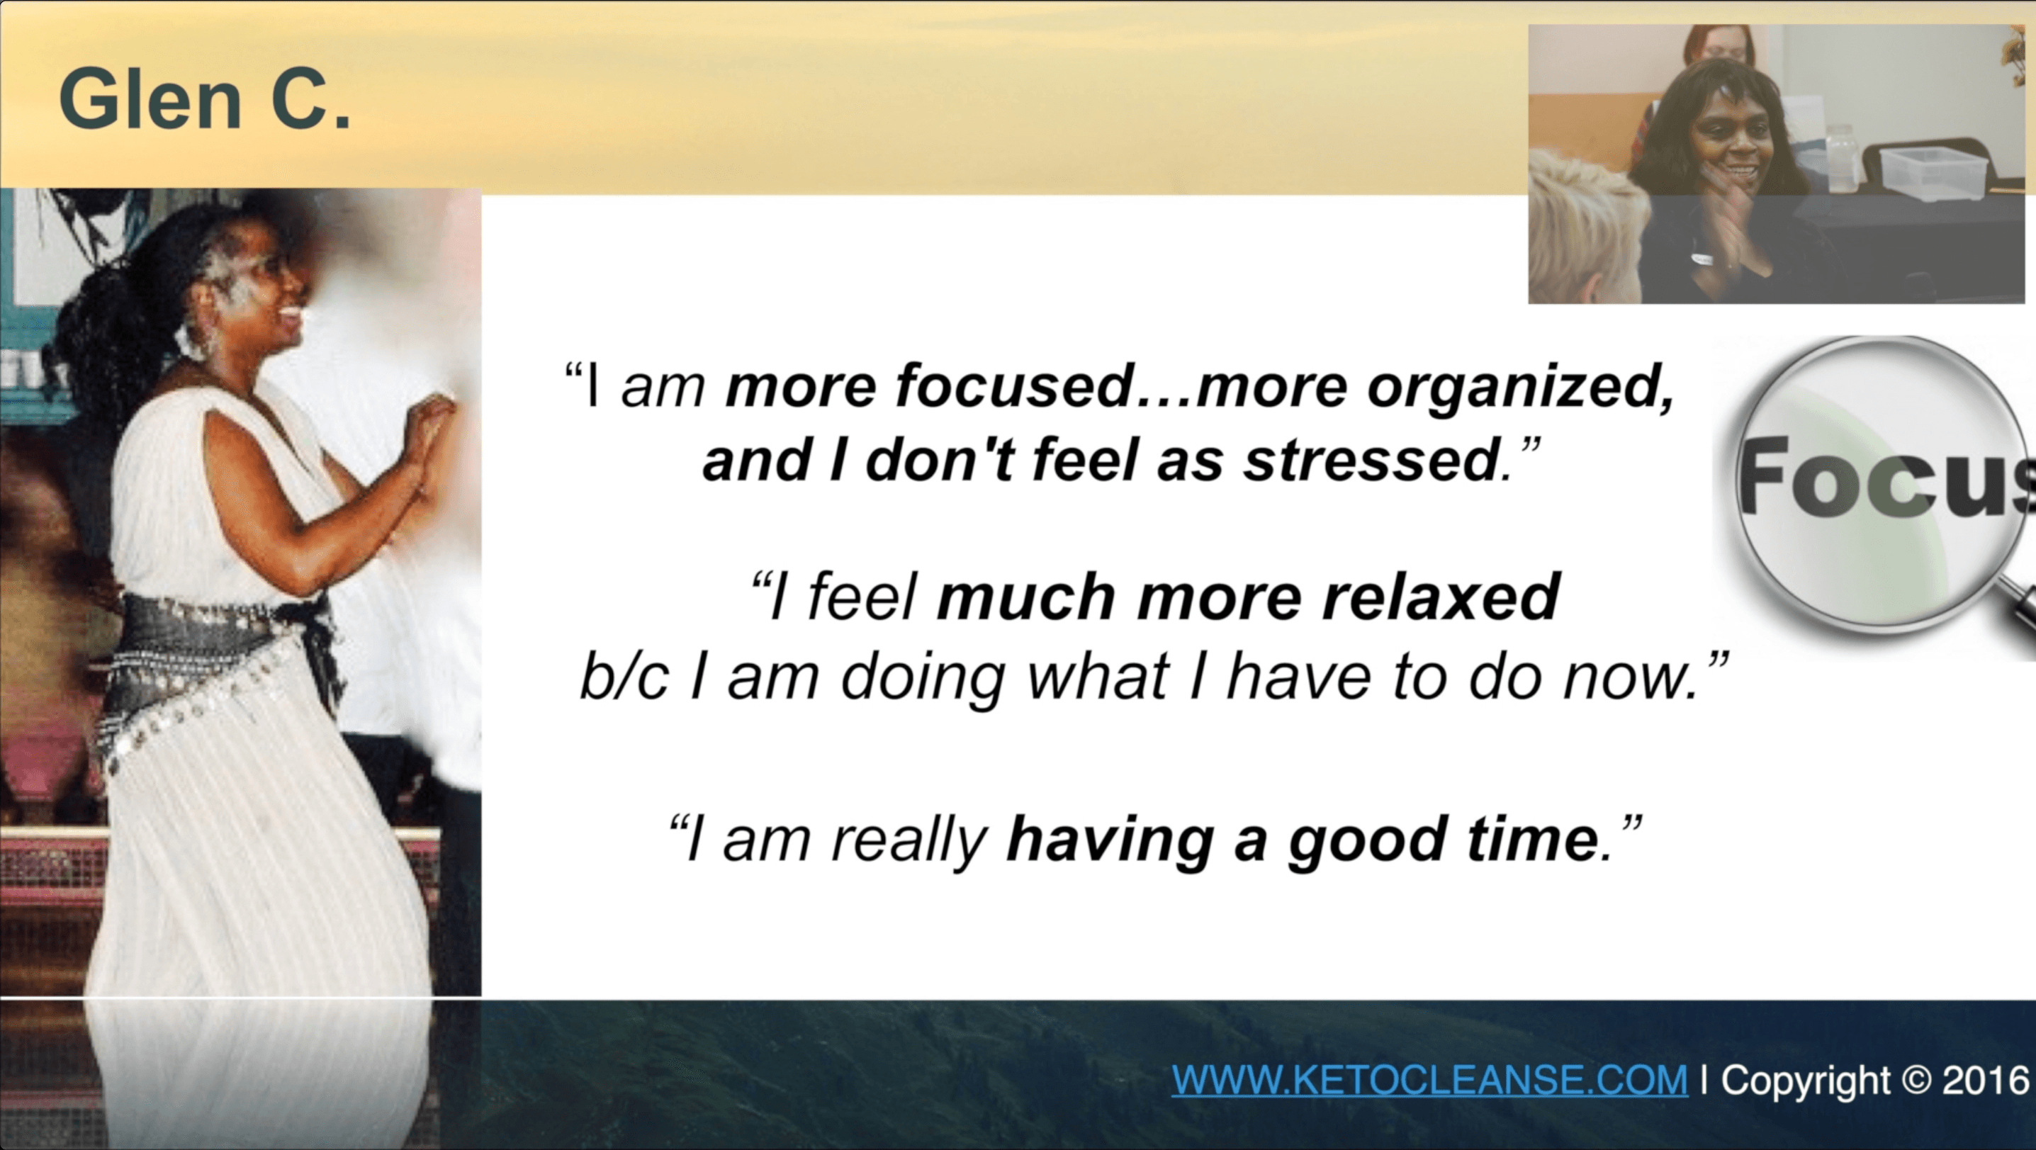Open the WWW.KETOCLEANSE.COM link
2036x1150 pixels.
click(x=1429, y=1080)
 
